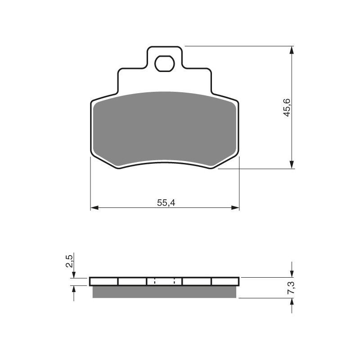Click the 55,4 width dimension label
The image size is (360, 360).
[166, 203]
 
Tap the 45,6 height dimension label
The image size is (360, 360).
[287, 108]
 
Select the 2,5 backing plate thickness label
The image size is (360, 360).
[69, 261]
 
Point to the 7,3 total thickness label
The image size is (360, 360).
[292, 288]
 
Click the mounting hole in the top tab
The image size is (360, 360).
[164, 63]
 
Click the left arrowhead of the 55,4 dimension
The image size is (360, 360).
[94, 208]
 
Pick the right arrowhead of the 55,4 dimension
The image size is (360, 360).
[235, 208]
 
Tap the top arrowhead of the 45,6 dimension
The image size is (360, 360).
[292, 50]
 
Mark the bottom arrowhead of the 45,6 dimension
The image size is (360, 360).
[292, 165]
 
